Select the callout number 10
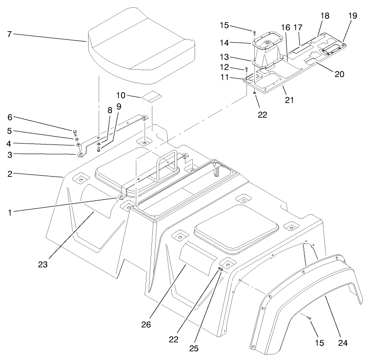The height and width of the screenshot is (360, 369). click(121, 95)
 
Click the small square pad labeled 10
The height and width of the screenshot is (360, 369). click(151, 97)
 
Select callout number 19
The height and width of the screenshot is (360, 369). click(352, 15)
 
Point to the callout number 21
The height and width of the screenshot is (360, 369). click(290, 99)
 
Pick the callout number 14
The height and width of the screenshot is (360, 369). click(236, 43)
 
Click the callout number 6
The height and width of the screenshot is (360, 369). click(10, 117)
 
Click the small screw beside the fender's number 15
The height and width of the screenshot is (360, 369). click(309, 317)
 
